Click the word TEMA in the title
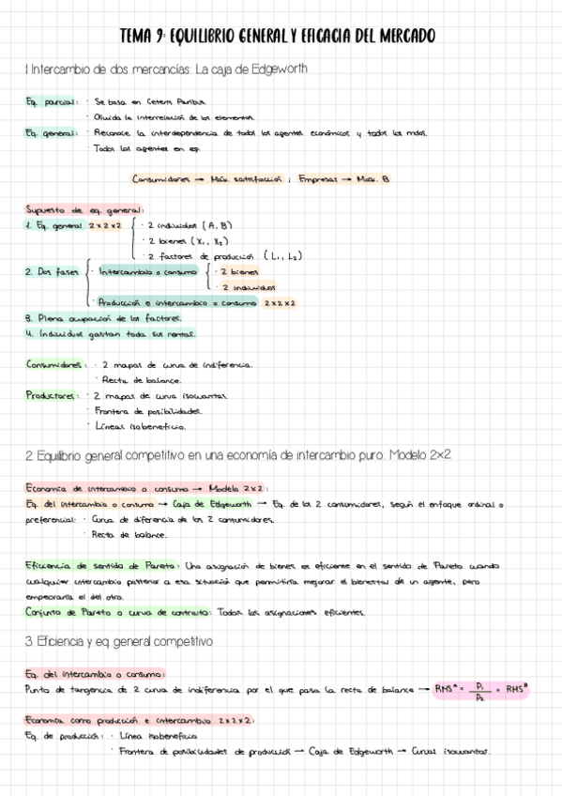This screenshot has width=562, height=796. pyautogui.click(x=138, y=37)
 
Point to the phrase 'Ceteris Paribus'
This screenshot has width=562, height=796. pyautogui.click(x=177, y=100)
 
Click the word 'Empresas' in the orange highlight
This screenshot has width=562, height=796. pyautogui.click(x=322, y=178)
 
